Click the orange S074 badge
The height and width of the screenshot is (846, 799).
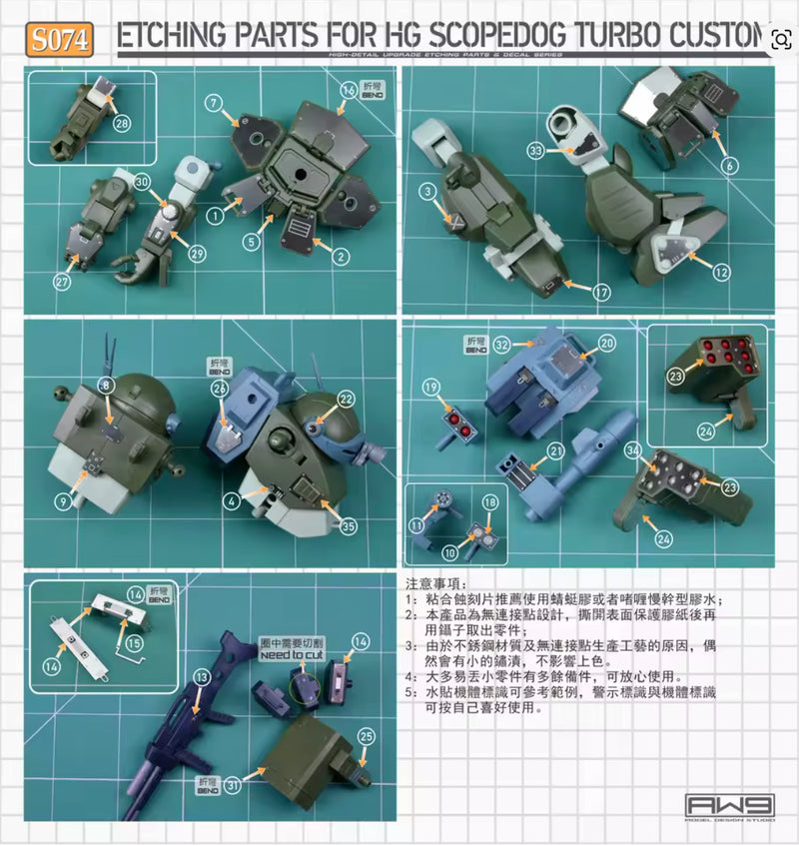pyautogui.click(x=62, y=40)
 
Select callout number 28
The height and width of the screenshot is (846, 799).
pyautogui.click(x=122, y=124)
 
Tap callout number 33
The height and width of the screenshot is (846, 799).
pyautogui.click(x=535, y=152)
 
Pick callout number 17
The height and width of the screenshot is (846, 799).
pyautogui.click(x=600, y=294)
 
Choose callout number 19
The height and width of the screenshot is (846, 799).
pyautogui.click(x=430, y=387)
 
